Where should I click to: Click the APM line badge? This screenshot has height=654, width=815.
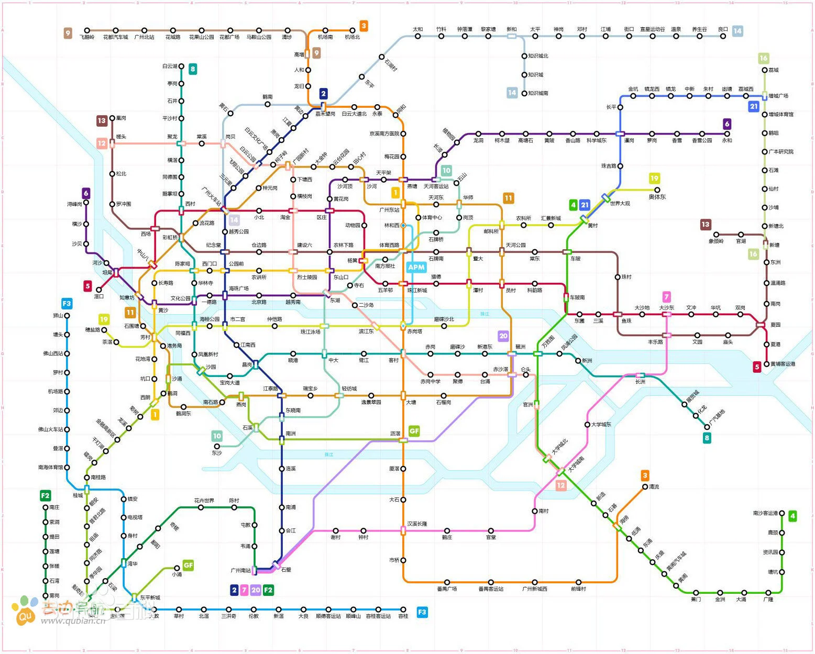point(416,267)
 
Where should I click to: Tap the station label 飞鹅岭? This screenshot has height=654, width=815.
point(87,37)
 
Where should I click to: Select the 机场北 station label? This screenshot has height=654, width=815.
point(353,37)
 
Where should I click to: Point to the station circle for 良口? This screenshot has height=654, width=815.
point(723,36)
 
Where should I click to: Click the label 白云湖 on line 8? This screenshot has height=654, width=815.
point(170,66)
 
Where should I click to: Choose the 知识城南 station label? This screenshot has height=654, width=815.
point(538,93)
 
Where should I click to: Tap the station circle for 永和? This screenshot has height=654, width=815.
point(727,134)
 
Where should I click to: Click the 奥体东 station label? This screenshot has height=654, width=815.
point(657,197)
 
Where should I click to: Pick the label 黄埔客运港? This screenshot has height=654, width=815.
point(783,364)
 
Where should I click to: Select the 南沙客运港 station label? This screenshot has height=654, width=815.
point(765,513)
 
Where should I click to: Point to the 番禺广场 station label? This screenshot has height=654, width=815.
point(447,589)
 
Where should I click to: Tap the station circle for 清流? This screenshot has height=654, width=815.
point(645,487)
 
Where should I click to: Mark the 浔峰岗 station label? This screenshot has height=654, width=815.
point(74,204)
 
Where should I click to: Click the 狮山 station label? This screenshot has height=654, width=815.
point(58,316)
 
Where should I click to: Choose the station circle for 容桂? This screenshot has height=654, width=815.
point(403,609)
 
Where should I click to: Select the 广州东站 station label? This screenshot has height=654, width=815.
point(389,210)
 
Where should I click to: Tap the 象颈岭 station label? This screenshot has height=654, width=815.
point(716,241)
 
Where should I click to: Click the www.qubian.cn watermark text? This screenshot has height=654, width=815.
point(73,621)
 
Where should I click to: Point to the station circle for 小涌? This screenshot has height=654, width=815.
point(177,568)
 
